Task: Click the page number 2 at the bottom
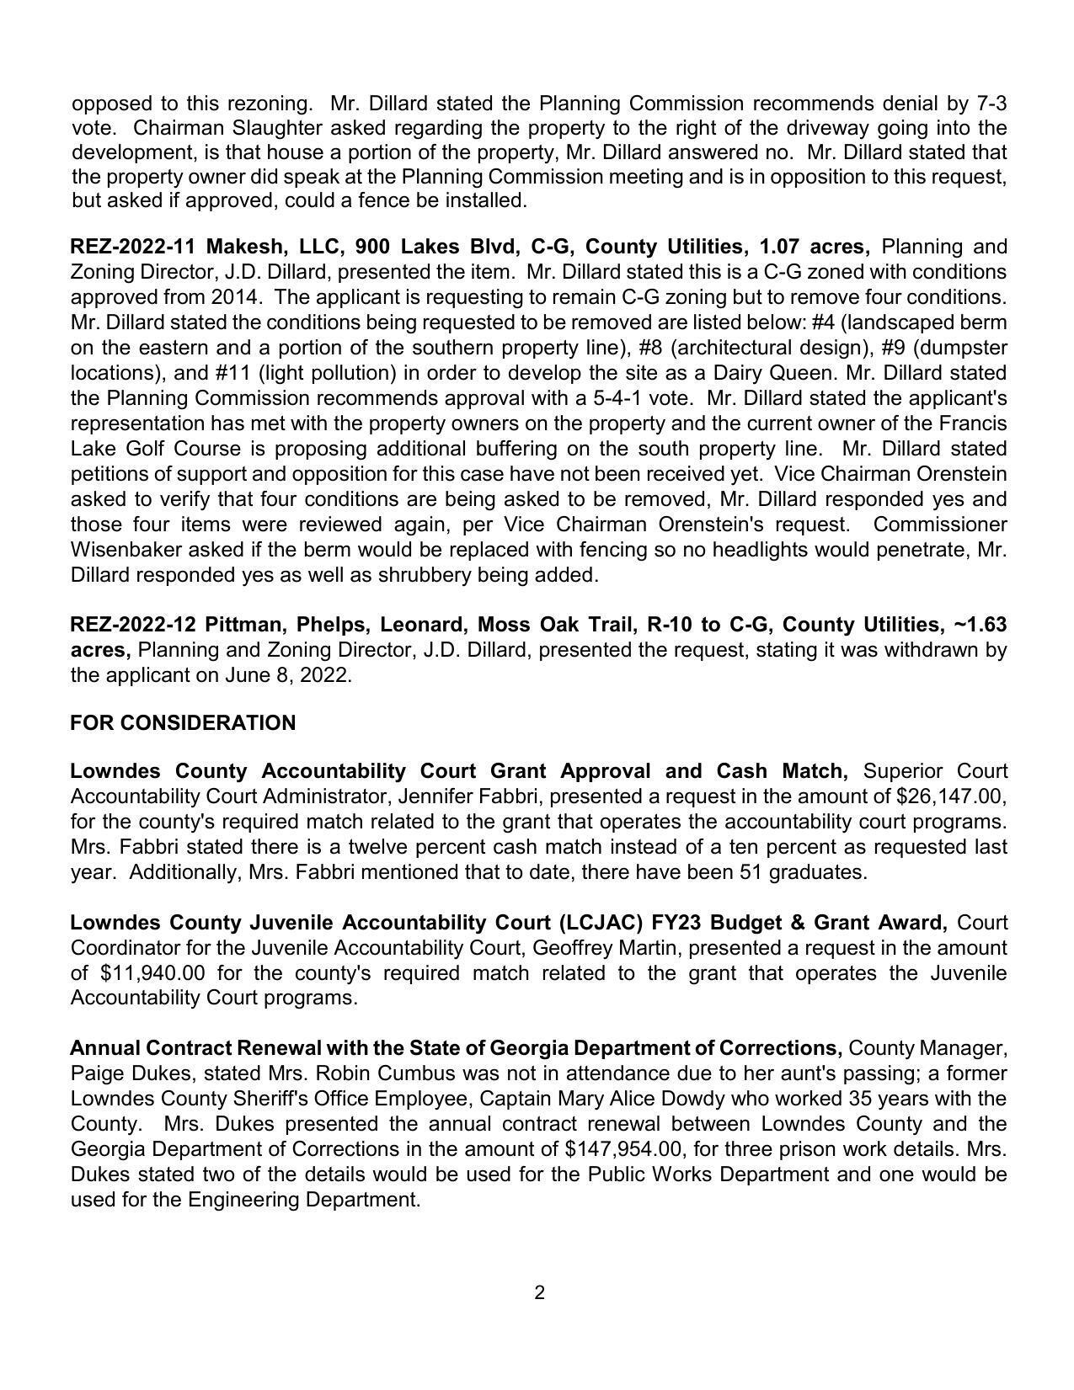(539, 1292)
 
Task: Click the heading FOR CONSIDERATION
(183, 723)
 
